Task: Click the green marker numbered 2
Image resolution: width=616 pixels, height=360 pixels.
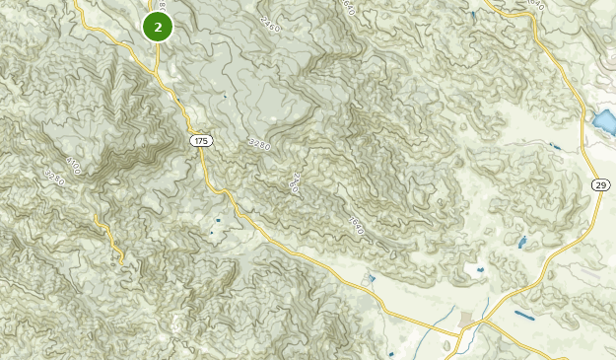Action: click(158, 27)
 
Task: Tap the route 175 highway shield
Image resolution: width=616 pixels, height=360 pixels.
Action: click(201, 141)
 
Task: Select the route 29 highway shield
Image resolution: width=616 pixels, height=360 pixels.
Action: click(600, 184)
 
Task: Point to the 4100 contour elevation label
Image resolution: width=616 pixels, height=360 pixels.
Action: click(74, 163)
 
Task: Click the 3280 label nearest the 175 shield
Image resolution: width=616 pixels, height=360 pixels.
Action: click(258, 144)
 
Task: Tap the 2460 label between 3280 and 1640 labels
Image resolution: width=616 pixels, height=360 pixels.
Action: click(293, 182)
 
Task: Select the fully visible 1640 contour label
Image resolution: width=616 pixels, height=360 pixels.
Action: click(356, 226)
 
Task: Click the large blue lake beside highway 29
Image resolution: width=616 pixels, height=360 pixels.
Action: click(602, 122)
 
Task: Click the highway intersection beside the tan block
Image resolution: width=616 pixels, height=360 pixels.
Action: click(483, 321)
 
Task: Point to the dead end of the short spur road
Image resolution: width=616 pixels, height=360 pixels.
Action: click(121, 264)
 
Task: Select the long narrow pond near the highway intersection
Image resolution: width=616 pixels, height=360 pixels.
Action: click(525, 316)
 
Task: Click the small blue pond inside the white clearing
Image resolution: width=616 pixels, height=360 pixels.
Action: click(481, 269)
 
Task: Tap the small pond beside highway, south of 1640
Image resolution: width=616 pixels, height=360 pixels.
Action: click(370, 279)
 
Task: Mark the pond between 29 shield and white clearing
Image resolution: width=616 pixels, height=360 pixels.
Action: click(521, 242)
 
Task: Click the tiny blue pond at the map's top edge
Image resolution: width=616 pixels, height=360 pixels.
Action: click(473, 14)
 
